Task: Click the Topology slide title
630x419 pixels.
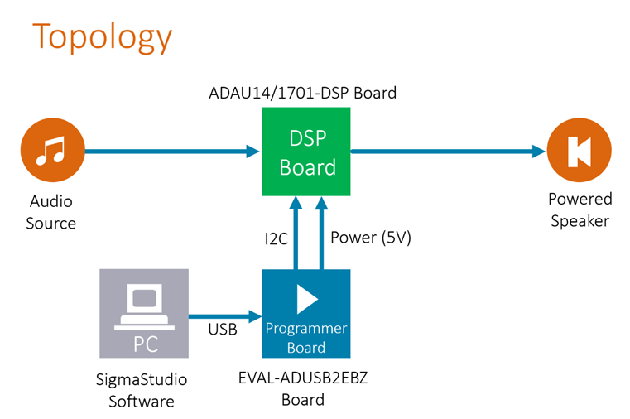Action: tap(102, 37)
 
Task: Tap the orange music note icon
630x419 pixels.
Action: tap(52, 152)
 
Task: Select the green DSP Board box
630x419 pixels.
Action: tap(306, 152)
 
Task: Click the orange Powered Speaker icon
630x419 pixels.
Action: tap(579, 152)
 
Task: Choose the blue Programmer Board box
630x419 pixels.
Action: tap(305, 313)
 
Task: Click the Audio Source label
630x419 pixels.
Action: tap(51, 212)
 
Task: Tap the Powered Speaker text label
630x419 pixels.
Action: tap(580, 210)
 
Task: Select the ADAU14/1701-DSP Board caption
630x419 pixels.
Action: tap(302, 93)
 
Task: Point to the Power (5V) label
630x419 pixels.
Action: tap(370, 238)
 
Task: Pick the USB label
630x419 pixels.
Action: tap(222, 330)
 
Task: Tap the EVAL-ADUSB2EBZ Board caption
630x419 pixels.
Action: tap(305, 389)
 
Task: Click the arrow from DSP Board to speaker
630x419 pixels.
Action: tap(448, 152)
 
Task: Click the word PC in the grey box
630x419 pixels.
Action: tap(146, 342)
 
